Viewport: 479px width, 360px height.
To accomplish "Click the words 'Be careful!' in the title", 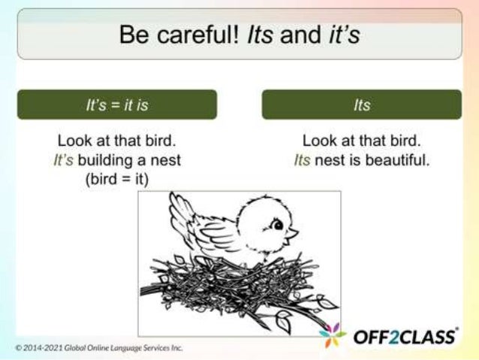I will (173, 35).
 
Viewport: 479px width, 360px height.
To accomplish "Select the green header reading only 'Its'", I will (362, 105).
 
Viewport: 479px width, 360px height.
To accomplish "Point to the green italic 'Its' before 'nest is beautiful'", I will (302, 160).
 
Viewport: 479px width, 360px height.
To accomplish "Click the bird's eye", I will (277, 224).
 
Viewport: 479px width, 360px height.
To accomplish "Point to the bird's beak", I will (291, 234).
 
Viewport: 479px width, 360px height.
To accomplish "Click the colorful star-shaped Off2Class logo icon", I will (332, 335).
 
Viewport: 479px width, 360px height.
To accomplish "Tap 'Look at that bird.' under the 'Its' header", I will (362, 141).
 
